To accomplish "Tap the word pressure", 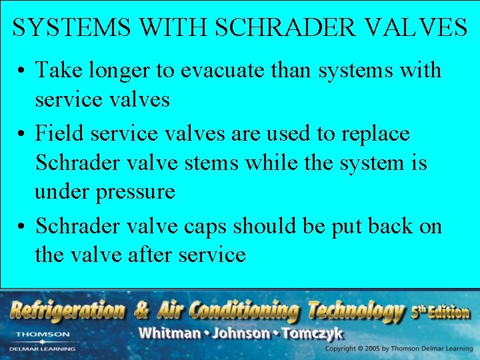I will click(135, 191).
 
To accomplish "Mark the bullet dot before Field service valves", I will click(22, 134).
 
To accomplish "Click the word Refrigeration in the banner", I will click(67, 310).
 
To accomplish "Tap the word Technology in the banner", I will click(355, 310).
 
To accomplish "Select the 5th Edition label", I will click(440, 311).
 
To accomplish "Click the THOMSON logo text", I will click(43, 334).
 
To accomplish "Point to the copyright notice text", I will click(397, 349).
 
